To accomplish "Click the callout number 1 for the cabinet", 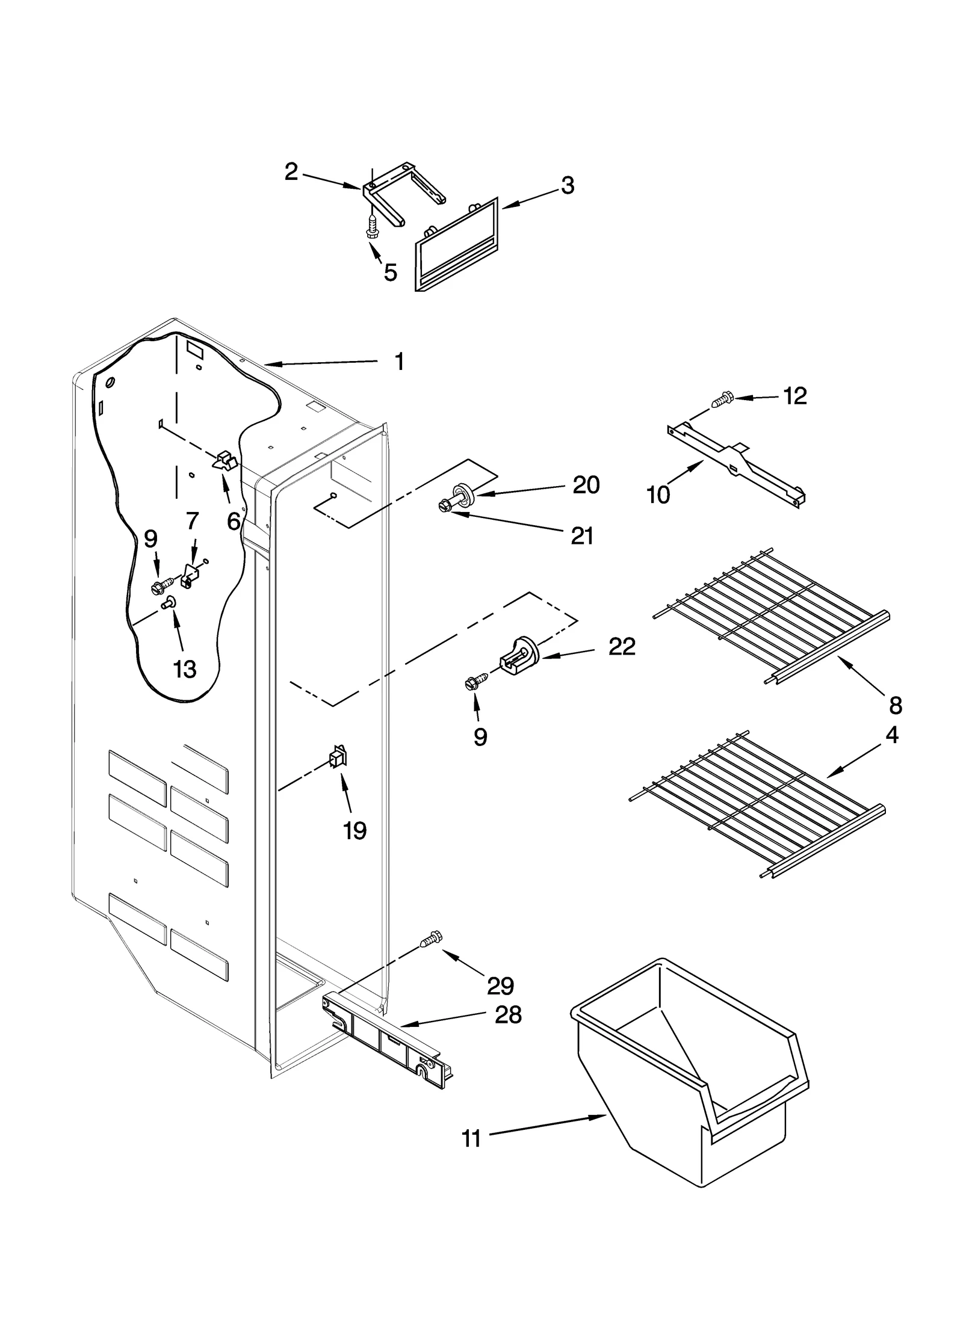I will pyautogui.click(x=399, y=362).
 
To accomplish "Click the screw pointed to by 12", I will pyautogui.click(x=721, y=399).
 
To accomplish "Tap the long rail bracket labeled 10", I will pyautogui.click(x=737, y=463).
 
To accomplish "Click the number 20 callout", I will pyautogui.click(x=586, y=484).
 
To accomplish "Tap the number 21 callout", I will pyautogui.click(x=582, y=535).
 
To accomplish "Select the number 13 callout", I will pyautogui.click(x=184, y=668).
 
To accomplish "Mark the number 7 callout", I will pyautogui.click(x=192, y=521).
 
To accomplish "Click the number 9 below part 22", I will pyautogui.click(x=480, y=736).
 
